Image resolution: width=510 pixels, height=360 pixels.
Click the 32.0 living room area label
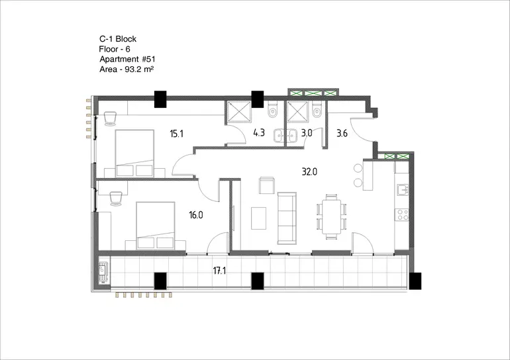click(x=309, y=171)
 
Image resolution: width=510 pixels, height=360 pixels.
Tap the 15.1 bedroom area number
click(x=176, y=134)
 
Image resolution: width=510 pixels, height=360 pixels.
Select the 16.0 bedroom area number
click(x=196, y=215)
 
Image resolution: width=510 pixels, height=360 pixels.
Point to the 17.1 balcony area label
click(x=219, y=270)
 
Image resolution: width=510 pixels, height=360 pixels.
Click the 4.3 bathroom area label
click(x=259, y=132)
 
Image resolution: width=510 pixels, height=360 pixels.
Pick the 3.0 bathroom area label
click(x=307, y=133)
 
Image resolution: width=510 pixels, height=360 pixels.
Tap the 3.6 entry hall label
click(x=342, y=133)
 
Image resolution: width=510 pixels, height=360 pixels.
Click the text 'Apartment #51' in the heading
click(x=127, y=59)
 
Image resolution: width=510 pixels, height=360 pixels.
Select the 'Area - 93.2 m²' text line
click(x=127, y=69)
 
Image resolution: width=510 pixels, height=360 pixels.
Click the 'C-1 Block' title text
click(x=118, y=39)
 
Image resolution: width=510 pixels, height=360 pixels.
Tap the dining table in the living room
click(x=331, y=216)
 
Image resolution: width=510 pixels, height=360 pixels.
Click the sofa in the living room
click(x=287, y=218)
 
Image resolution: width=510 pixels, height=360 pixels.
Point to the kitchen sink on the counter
click(x=402, y=189)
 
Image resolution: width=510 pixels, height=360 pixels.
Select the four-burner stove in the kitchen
click(x=402, y=215)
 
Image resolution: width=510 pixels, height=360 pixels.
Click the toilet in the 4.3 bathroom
click(x=272, y=109)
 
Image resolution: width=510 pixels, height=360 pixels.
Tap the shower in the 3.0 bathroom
click(x=297, y=111)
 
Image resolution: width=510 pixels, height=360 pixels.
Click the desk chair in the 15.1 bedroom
click(x=110, y=118)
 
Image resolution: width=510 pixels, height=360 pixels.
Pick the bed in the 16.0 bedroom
click(x=156, y=225)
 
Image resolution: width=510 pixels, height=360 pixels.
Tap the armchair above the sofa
click(x=267, y=185)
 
